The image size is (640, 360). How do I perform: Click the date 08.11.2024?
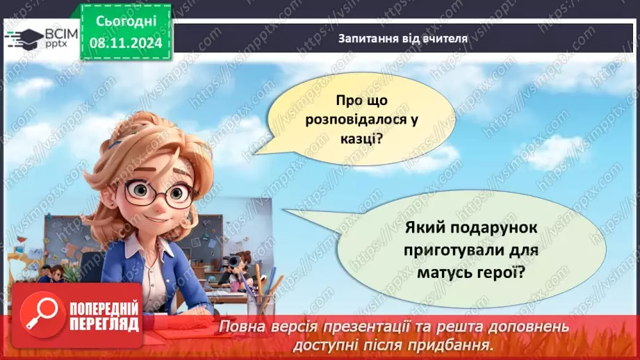pyautogui.click(x=125, y=42)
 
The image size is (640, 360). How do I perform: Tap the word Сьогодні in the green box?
pyautogui.click(x=125, y=22)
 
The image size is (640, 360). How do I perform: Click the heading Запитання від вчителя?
pyautogui.click(x=402, y=38)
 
